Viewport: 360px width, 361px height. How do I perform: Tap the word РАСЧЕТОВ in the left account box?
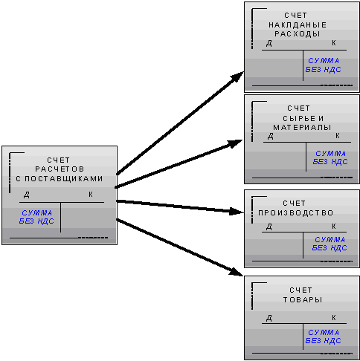pyautogui.click(x=60, y=169)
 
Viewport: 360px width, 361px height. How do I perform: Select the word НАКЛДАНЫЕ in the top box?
pyautogui.click(x=298, y=25)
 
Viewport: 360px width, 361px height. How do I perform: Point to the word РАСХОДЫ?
pyautogui.click(x=298, y=34)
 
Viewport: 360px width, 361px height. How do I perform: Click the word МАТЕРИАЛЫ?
pyautogui.click(x=302, y=128)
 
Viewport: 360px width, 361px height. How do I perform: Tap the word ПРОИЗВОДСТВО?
pyautogui.click(x=295, y=213)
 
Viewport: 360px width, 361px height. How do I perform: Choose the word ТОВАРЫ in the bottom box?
pyautogui.click(x=303, y=299)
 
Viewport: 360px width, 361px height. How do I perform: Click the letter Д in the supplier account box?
pyautogui.click(x=27, y=195)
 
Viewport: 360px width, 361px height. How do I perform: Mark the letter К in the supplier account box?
pyautogui.click(x=91, y=195)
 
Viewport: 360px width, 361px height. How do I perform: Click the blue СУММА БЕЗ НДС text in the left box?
pyautogui.click(x=36, y=217)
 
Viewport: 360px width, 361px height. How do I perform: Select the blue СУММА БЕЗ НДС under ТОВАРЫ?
pyautogui.click(x=323, y=336)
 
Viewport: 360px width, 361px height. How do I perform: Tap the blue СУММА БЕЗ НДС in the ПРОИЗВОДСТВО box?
pyautogui.click(x=330, y=244)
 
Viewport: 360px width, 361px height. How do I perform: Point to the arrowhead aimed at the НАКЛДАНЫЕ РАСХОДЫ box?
pyautogui.click(x=237, y=77)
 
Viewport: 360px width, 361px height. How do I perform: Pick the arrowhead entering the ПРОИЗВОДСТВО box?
pyautogui.click(x=237, y=212)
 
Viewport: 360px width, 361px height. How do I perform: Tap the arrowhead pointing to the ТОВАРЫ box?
pyautogui.click(x=236, y=272)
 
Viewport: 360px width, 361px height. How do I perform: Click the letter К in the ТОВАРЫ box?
pyautogui.click(x=334, y=317)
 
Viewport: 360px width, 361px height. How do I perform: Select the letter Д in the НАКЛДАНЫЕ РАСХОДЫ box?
pyautogui.click(x=269, y=44)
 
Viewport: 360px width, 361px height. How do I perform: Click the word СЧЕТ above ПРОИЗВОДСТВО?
pyautogui.click(x=294, y=204)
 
